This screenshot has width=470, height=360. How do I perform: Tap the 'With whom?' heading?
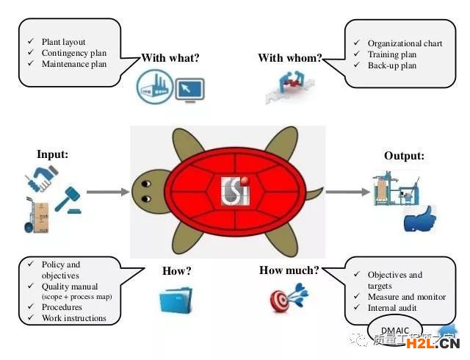289,58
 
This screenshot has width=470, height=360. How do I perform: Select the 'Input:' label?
52,154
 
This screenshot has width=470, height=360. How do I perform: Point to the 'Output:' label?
404,156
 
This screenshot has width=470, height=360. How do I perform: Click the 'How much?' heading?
289,270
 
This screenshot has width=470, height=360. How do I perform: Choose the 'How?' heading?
176,271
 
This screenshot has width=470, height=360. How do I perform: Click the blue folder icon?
174,300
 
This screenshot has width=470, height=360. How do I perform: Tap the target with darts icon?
289,298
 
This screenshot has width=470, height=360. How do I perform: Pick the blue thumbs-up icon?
419,218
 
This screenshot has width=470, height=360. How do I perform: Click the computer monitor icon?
189,90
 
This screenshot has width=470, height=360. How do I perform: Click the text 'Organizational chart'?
405,43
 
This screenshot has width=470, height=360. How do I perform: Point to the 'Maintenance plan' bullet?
73,64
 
